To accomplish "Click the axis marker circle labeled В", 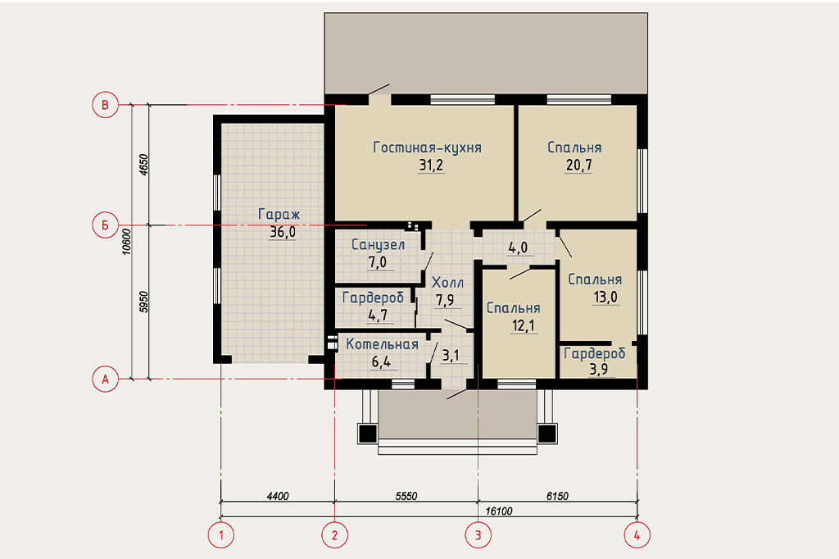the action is coord(105,105).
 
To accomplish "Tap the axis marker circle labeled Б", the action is coord(105,225).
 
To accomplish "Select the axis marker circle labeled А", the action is coord(105,379).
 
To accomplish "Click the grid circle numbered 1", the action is coord(221,535).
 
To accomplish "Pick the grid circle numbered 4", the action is coord(637,535).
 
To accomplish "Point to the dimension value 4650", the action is coord(143,165).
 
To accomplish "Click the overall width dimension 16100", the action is coord(499,511).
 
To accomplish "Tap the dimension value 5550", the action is coord(406,497).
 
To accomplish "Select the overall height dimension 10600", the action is coord(126,242).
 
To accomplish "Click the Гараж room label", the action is coord(279,214).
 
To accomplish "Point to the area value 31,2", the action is coord(431,165).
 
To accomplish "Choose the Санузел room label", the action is coord(378,245).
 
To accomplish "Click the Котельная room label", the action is coord(382,344).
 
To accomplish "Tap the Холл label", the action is coord(447,283).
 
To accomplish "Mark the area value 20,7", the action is coord(579,165).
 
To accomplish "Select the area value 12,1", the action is coord(524,325).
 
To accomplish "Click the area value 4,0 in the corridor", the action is coord(518,248).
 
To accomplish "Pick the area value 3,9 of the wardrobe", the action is coord(598,369).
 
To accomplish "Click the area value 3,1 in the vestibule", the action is coord(451,355).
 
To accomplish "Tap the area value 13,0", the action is coord(605,298).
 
